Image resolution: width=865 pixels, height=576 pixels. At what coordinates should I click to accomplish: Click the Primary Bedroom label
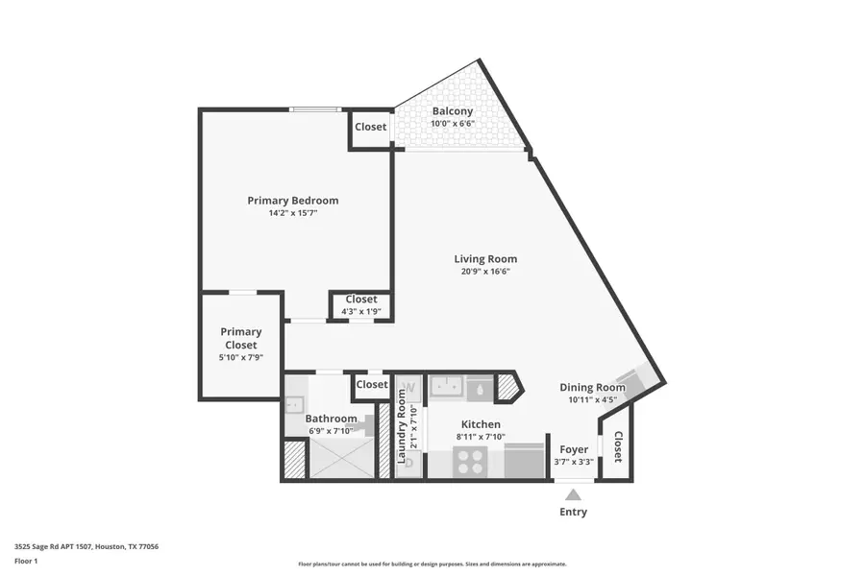292,201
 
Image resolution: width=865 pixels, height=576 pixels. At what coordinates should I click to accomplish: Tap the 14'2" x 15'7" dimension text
293,213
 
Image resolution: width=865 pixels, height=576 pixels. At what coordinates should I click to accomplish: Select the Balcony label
453,111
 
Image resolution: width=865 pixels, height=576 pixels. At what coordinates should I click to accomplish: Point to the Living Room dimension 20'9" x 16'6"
485,271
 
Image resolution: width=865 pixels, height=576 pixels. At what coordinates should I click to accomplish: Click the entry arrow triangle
573,494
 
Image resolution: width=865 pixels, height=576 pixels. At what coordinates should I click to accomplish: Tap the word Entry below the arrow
573,512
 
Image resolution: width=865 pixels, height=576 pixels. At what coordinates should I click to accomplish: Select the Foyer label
574,450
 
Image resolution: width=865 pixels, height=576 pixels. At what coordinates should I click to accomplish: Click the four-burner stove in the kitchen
471,462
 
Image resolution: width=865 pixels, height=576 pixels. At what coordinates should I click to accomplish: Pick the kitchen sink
447,385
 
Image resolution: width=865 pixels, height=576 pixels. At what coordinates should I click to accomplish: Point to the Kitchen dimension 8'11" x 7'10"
482,437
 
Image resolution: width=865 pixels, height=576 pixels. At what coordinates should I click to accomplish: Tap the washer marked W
409,388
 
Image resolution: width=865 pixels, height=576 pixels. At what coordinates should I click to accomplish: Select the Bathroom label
331,419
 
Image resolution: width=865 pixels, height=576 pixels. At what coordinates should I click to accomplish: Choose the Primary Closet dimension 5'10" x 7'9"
241,357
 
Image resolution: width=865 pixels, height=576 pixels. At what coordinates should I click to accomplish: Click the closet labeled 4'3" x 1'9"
361,305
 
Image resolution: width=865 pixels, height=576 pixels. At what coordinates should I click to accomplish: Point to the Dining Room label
592,388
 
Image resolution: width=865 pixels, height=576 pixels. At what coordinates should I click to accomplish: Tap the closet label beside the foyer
618,447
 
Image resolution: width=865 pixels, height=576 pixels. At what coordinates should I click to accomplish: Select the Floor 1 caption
26,561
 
